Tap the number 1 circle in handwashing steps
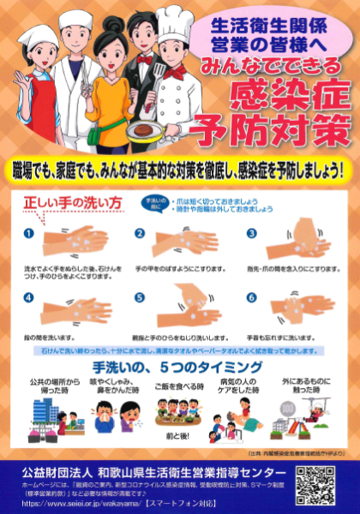click(x=28, y=233)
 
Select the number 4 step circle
click(x=28, y=298)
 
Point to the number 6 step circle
click(x=251, y=298)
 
